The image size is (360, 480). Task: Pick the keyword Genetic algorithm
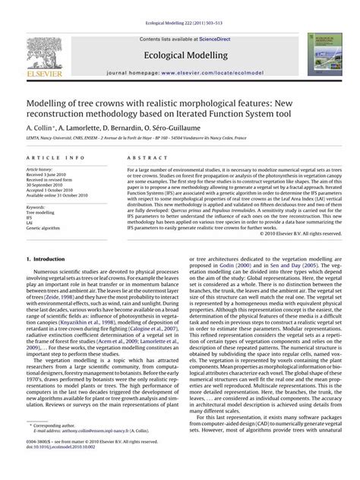[x=48, y=228]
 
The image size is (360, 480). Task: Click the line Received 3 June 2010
[x=52, y=175]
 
